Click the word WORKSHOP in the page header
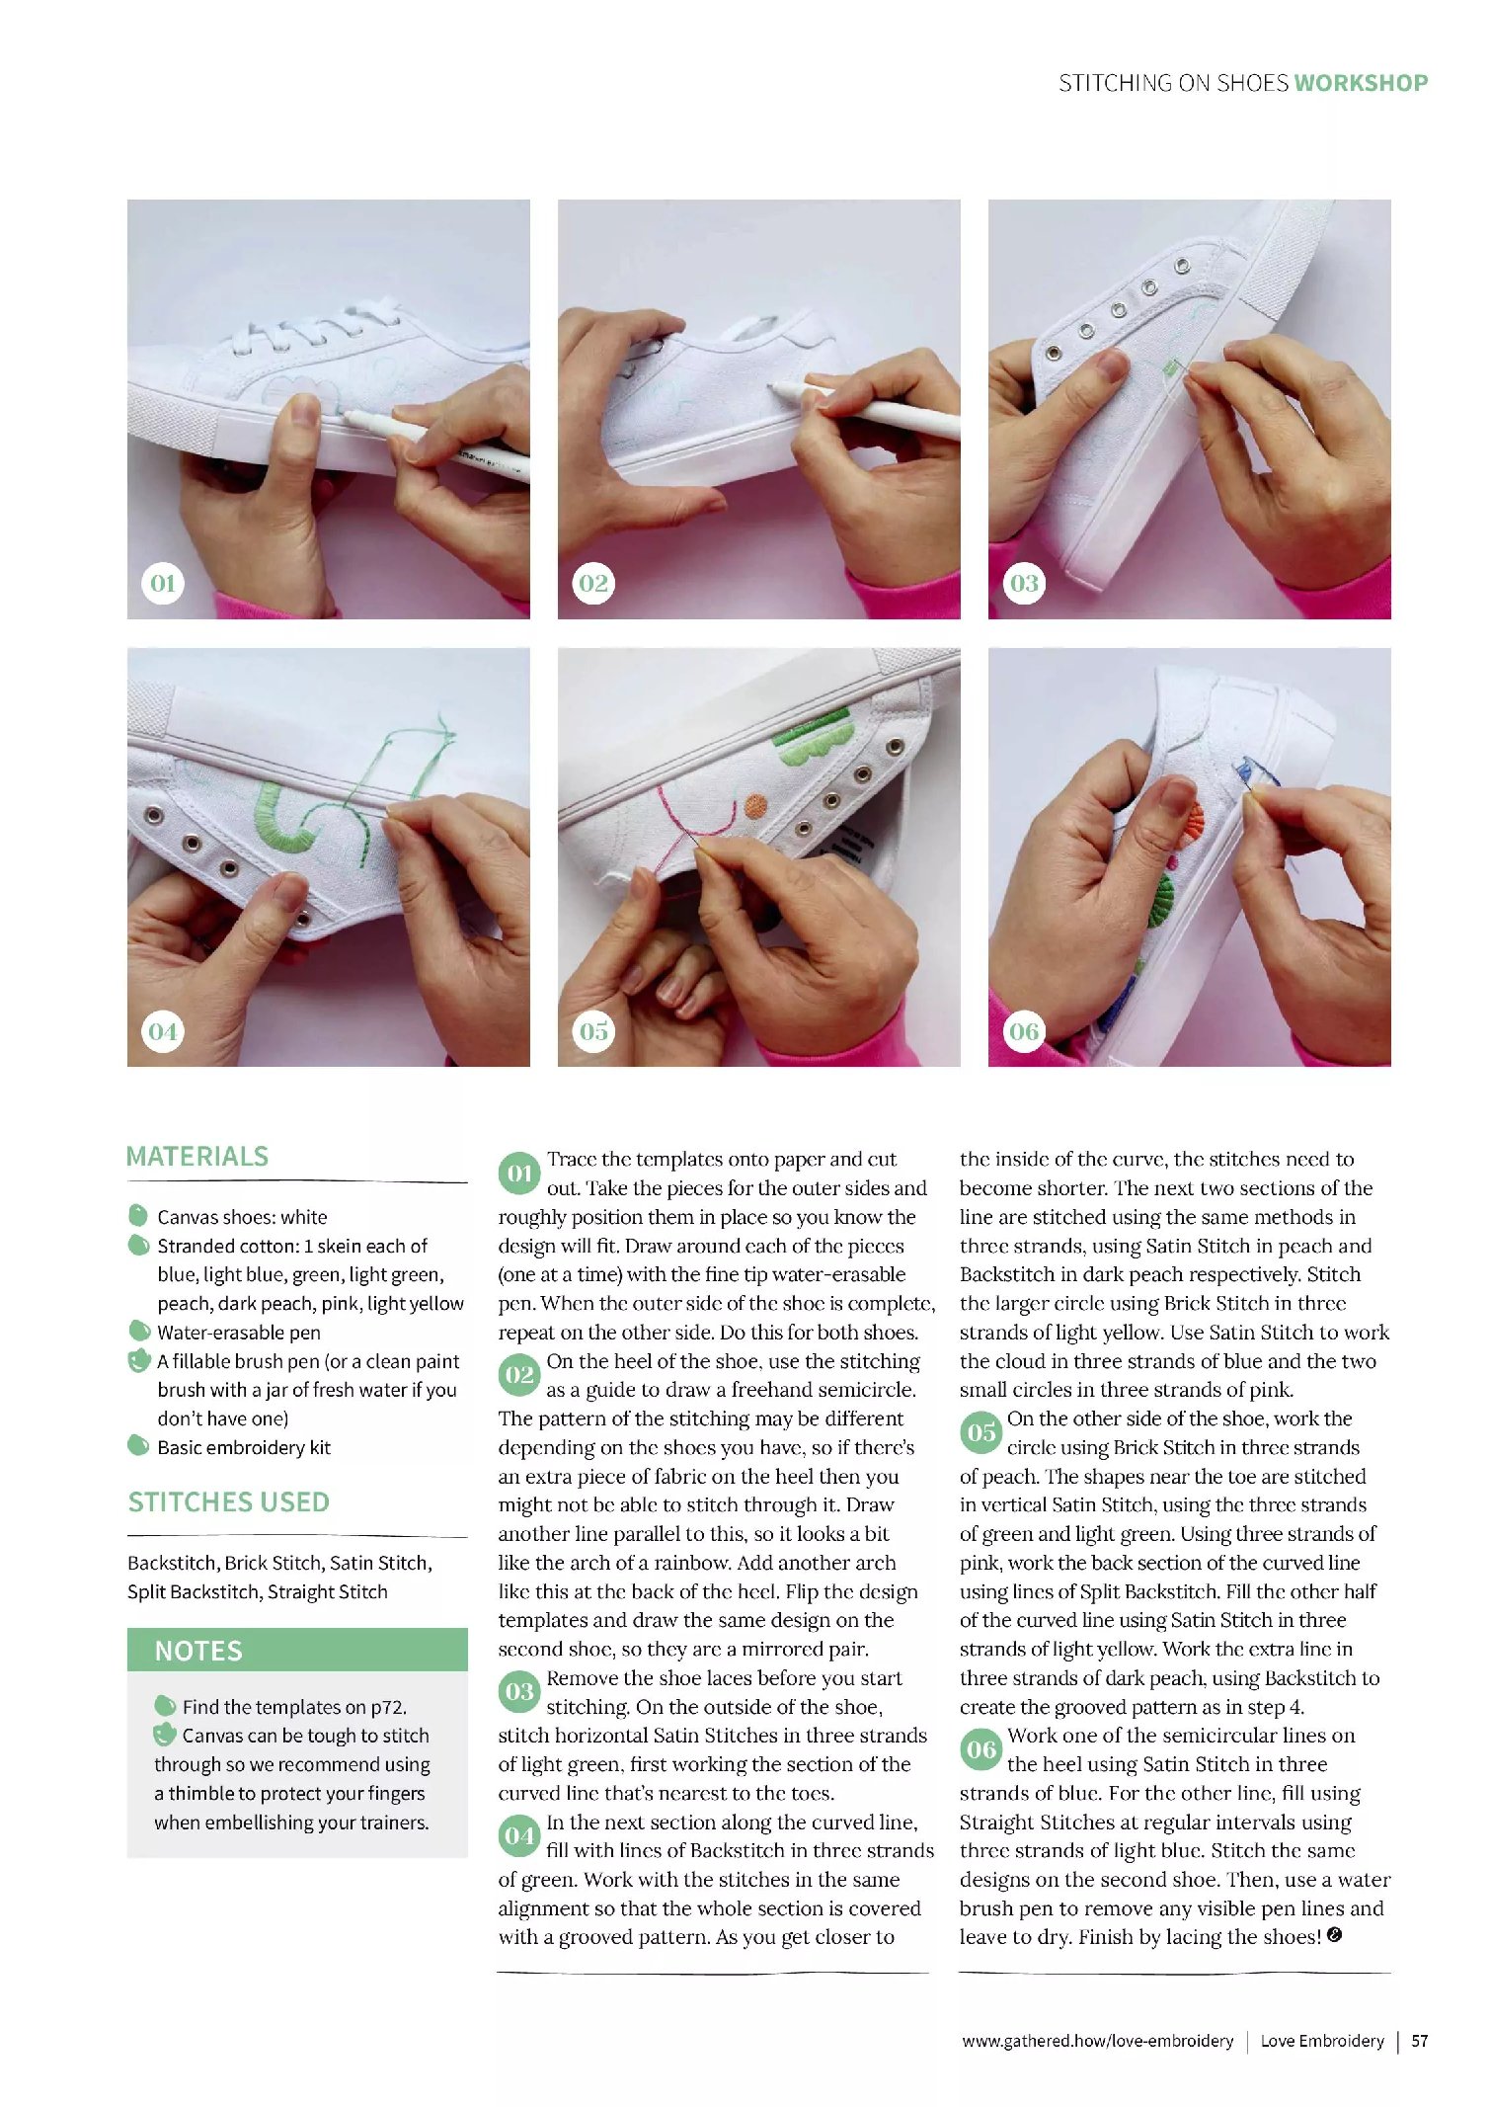click(1361, 83)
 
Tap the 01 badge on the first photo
click(163, 583)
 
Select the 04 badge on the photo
click(163, 1031)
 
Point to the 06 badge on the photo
click(1024, 1031)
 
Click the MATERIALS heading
click(197, 1157)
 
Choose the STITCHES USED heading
click(229, 1502)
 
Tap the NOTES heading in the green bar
click(198, 1651)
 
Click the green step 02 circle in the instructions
click(519, 1375)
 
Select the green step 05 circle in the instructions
click(981, 1432)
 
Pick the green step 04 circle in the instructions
click(519, 1835)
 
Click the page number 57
click(1420, 2041)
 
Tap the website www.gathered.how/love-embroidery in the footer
click(1098, 2041)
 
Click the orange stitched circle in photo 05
click(755, 806)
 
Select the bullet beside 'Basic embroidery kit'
click(138, 1446)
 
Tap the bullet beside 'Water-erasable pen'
click(138, 1332)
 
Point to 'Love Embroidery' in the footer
click(1322, 2041)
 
